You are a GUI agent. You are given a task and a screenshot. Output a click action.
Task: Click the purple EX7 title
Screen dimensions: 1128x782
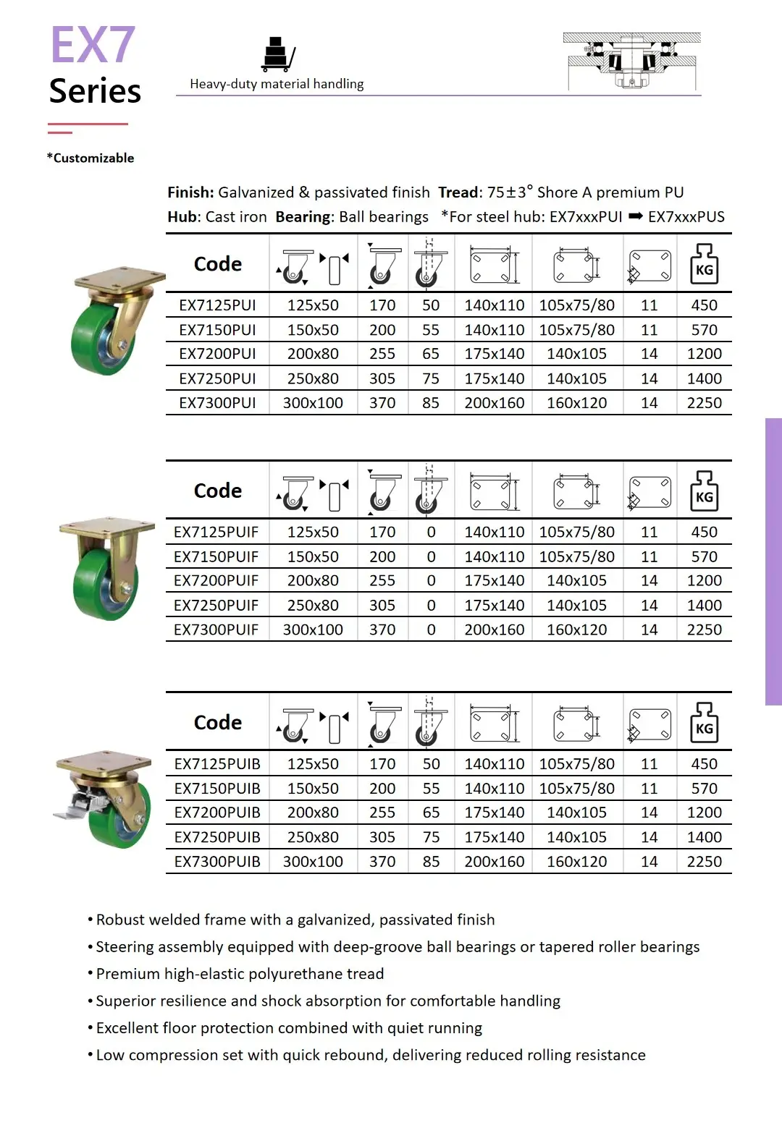pos(93,46)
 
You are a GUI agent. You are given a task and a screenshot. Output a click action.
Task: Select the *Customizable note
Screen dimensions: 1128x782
pos(91,158)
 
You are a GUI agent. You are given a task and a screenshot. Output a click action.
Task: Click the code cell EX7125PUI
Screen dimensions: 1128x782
pos(217,305)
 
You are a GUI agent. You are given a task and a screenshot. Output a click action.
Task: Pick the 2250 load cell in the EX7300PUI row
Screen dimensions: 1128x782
pos(704,403)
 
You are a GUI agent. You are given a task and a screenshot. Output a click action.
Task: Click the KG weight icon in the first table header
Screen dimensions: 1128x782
pos(704,263)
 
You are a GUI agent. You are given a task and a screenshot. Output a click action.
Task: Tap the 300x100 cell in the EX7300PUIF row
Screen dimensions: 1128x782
pos(313,630)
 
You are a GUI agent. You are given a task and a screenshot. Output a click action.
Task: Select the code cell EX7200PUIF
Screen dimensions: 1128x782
pos(216,581)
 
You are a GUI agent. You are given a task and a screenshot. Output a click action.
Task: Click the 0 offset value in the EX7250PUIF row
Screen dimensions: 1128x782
pos(431,606)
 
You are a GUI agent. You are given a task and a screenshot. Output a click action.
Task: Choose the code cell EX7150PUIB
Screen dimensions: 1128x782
pos(217,789)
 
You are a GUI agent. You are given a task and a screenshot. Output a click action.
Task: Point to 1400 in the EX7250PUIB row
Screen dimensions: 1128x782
pos(704,837)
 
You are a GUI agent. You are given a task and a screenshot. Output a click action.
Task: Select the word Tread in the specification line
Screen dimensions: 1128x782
pos(459,192)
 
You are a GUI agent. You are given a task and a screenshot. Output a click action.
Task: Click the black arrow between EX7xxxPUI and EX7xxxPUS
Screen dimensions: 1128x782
pos(635,216)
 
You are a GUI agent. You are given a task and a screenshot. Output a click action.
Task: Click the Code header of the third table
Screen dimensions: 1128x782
pos(217,722)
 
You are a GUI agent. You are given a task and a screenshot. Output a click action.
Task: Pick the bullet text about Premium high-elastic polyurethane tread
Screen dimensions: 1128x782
pos(240,974)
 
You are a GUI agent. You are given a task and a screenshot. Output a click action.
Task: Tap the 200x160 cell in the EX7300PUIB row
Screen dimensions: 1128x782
pos(494,862)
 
